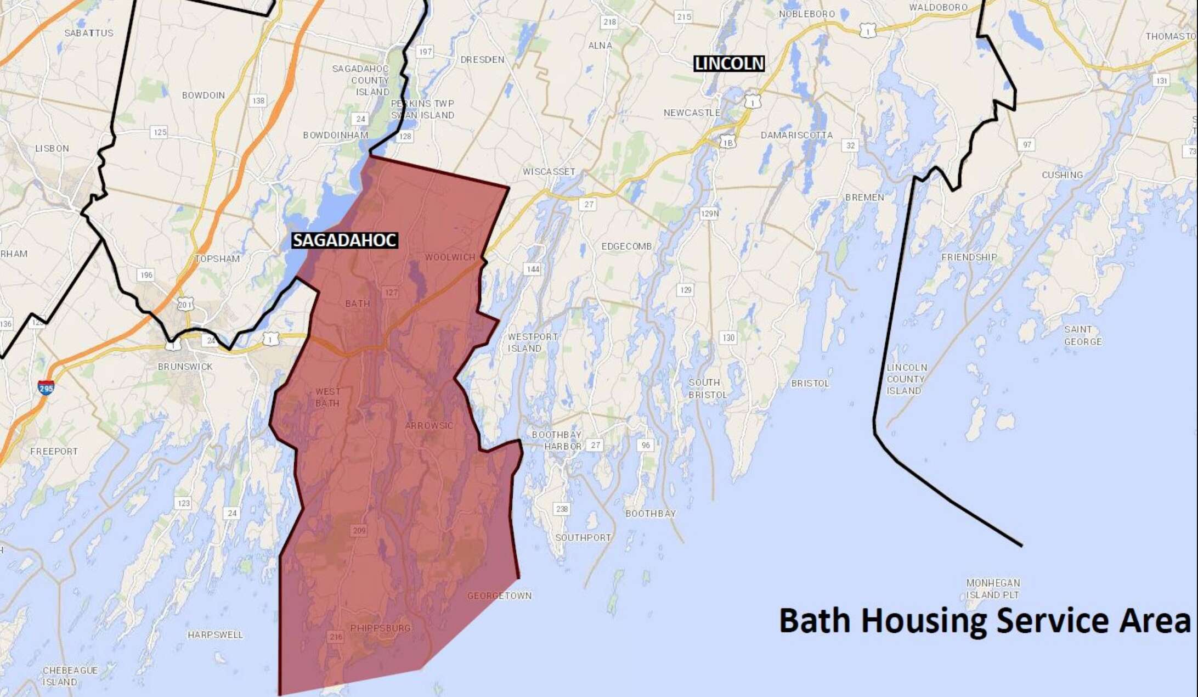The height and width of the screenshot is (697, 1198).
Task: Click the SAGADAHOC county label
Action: pyautogui.click(x=344, y=240)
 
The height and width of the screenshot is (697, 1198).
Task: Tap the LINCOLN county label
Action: pyautogui.click(x=729, y=64)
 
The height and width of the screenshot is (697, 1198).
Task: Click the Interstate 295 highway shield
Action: pyautogui.click(x=46, y=387)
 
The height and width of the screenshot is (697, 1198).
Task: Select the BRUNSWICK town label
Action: pyautogui.click(x=185, y=367)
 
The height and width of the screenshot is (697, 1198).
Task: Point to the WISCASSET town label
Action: pyautogui.click(x=549, y=172)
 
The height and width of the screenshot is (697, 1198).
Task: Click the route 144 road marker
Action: pyautogui.click(x=533, y=269)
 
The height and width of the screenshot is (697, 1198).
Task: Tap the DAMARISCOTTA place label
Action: pyautogui.click(x=796, y=135)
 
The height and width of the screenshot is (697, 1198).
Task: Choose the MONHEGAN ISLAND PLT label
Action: pyautogui.click(x=993, y=588)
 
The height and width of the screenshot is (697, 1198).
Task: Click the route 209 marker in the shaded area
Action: pyautogui.click(x=359, y=530)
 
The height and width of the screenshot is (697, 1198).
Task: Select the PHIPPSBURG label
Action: pyautogui.click(x=380, y=628)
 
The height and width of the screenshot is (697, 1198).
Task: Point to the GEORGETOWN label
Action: pyautogui.click(x=499, y=595)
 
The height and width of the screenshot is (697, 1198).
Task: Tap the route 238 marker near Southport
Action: pyautogui.click(x=562, y=509)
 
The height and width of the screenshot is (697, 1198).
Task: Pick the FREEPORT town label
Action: pyautogui.click(x=54, y=451)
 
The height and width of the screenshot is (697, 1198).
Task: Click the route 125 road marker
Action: pyautogui.click(x=159, y=132)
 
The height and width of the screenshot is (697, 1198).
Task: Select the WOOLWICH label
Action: pyautogui.click(x=450, y=257)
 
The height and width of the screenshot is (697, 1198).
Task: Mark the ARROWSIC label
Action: pyautogui.click(x=429, y=425)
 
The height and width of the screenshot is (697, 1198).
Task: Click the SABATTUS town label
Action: pyautogui.click(x=89, y=33)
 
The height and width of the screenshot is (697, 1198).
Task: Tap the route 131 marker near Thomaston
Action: pyautogui.click(x=1161, y=81)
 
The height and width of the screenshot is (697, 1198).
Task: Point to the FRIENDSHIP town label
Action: pyautogui.click(x=969, y=257)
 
